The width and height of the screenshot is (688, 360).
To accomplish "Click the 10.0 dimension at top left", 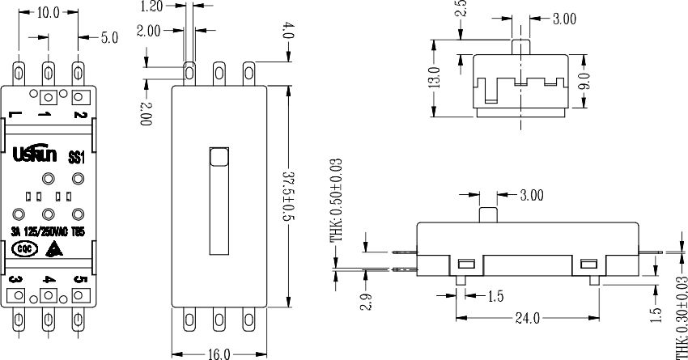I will click(x=49, y=12).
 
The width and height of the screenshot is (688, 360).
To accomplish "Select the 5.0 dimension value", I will click(x=108, y=37).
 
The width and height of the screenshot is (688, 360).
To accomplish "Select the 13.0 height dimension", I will click(x=434, y=78).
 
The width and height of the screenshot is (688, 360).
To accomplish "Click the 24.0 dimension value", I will click(x=527, y=318).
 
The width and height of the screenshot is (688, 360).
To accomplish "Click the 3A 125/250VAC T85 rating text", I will click(x=49, y=231).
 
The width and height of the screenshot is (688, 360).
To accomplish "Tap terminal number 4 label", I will click(x=48, y=280).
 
